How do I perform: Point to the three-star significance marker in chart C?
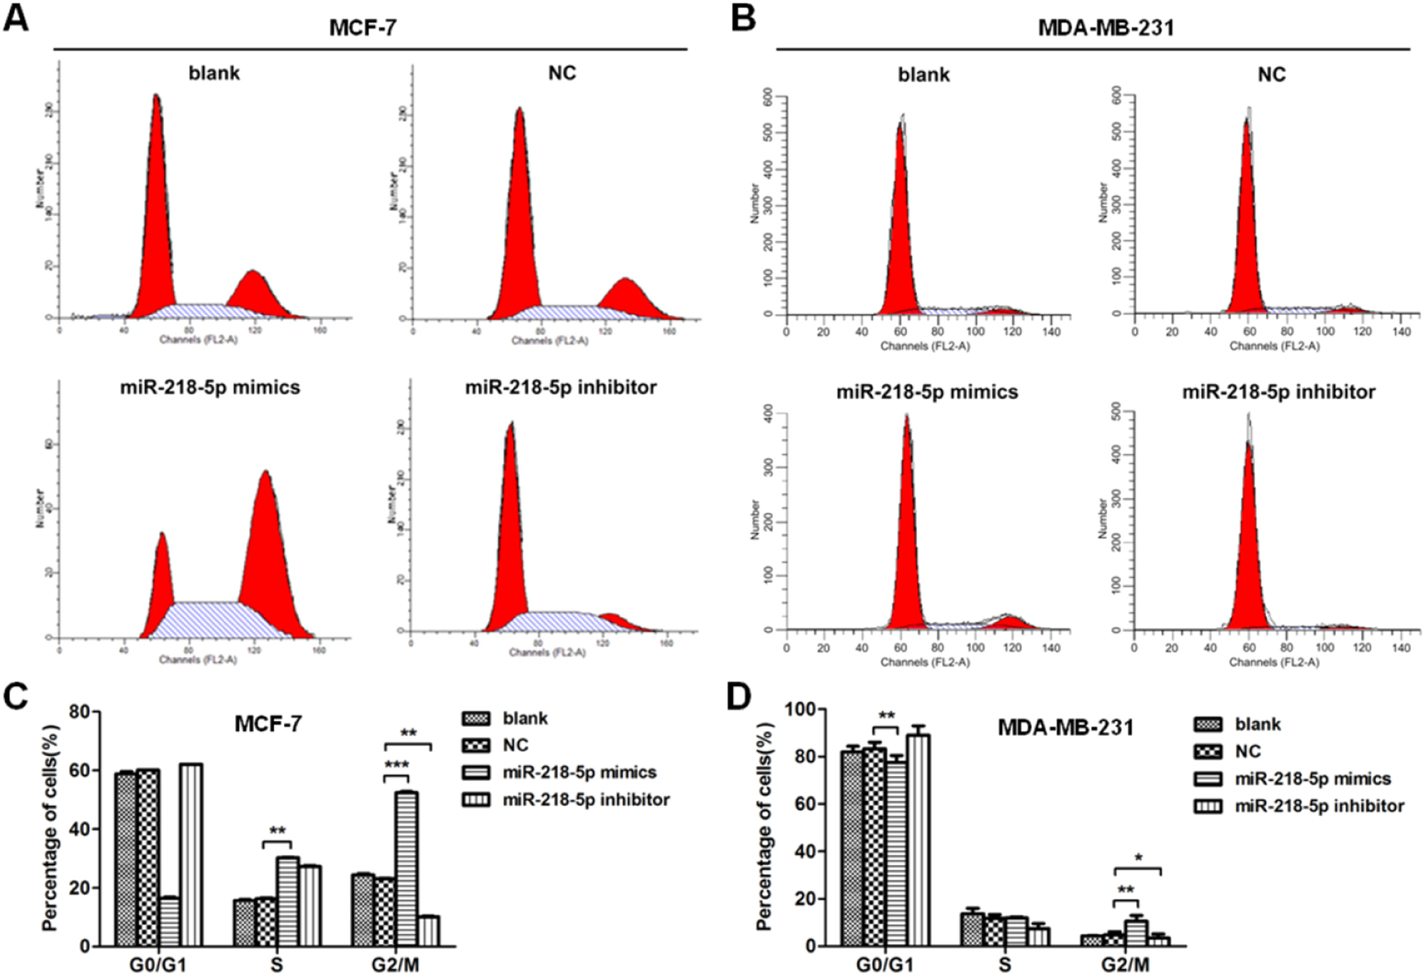point(397,765)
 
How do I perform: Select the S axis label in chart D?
point(1004,964)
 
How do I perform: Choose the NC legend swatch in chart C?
point(475,745)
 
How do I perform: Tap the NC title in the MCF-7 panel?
point(562,73)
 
